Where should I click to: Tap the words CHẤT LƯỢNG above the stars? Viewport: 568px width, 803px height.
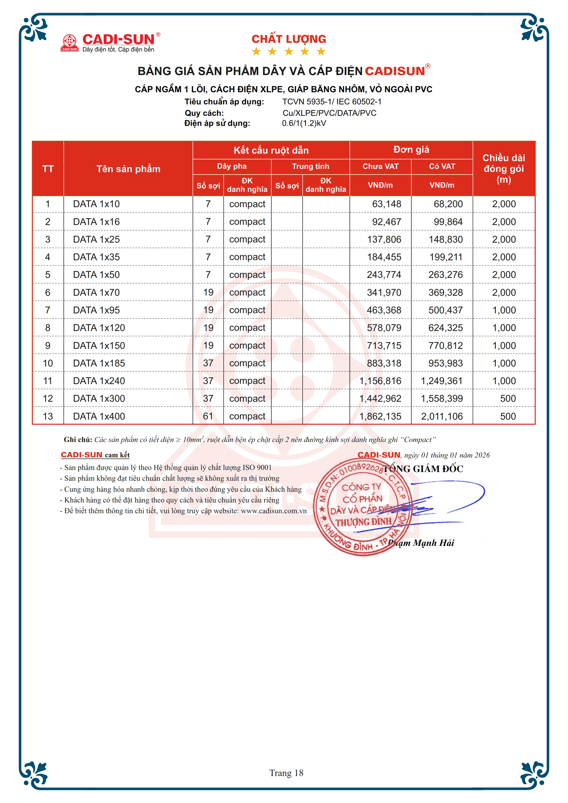point(289,39)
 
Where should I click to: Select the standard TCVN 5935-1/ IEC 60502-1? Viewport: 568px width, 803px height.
point(332,102)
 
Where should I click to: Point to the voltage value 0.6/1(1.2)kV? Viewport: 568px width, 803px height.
point(304,123)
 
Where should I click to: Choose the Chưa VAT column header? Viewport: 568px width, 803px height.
point(380,166)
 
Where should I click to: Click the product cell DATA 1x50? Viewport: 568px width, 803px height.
point(96,275)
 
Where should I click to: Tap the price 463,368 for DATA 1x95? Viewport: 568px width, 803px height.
point(384,310)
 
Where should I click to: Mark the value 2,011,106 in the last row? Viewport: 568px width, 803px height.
point(442,416)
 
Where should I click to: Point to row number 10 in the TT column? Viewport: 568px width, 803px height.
point(48,363)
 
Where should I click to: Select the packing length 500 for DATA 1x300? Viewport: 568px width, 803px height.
point(508,399)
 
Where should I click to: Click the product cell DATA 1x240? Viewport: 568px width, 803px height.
point(99,381)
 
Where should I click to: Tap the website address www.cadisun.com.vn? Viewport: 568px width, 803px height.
point(274,511)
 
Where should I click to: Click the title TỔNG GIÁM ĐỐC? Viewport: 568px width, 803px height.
point(423,469)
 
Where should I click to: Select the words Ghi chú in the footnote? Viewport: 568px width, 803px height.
point(78,440)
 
